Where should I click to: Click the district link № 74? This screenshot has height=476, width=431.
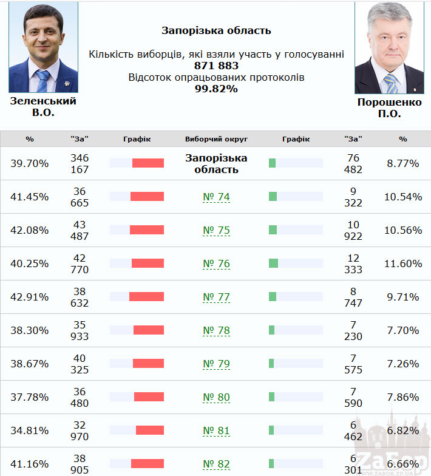point(216,197)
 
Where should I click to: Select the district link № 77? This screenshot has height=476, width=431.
point(216,297)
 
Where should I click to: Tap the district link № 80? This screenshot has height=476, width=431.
point(216,398)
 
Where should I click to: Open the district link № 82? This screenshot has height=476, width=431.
point(216,464)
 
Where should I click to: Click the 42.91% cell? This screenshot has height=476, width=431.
point(30,297)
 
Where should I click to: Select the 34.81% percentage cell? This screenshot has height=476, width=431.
point(30,430)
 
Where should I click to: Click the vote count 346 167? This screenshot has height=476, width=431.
point(80,163)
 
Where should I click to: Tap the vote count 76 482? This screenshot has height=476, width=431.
point(353,163)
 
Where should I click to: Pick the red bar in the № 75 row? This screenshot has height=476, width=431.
point(147,230)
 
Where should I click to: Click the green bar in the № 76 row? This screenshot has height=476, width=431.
point(273,263)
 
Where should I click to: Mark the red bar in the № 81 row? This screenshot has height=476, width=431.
point(150,430)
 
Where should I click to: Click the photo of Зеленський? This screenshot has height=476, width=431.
point(43,47)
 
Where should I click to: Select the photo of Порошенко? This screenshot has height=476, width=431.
point(389,47)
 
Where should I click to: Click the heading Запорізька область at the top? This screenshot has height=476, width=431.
point(216,30)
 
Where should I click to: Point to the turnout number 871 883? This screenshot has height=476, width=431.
point(216,66)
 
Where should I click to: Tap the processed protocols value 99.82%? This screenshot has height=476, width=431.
point(216,89)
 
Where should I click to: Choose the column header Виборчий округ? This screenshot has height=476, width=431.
point(216,139)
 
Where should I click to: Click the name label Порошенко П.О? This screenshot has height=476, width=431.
point(389,107)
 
